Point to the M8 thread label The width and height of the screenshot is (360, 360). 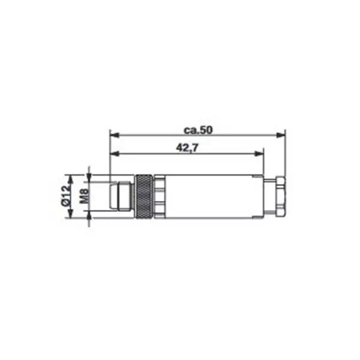83,196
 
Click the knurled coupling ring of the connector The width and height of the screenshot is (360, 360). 144,196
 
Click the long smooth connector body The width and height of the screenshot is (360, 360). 210,196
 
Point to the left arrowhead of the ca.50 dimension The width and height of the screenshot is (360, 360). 114,134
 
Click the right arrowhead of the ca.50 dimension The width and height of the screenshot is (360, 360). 281,134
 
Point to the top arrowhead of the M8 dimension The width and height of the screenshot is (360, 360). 90,180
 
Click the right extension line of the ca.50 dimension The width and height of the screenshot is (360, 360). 285,156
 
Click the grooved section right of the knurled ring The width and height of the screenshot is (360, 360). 160,196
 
